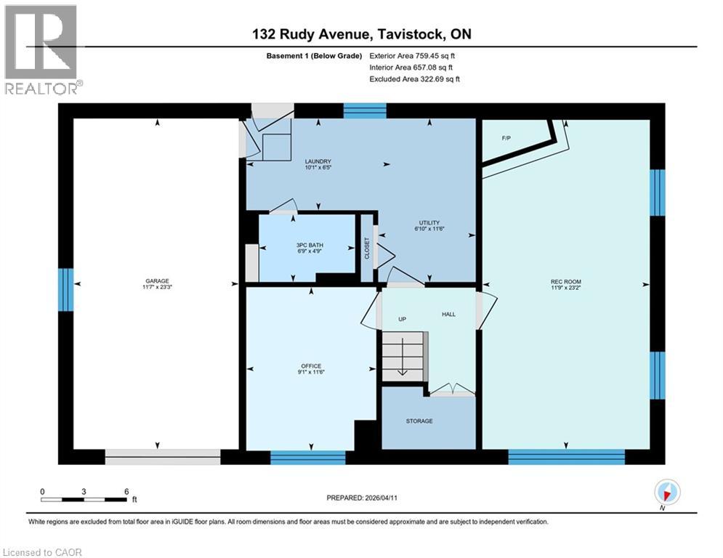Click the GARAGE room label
pos(156,281)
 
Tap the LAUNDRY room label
pos(318,161)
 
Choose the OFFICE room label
pos(311,366)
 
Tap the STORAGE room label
pos(419,421)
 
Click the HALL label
pos(448,315)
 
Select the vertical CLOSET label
pos(367,248)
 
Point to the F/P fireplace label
pos(506,137)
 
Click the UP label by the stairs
pos(401,319)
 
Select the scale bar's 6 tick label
pos(126,491)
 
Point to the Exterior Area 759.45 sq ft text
pos(413,55)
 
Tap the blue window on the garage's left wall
pos(66,289)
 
